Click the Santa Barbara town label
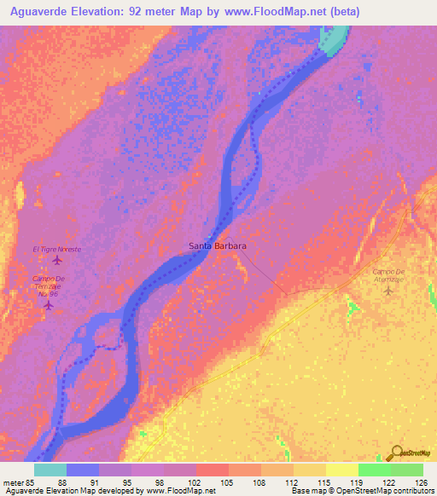point(217,245)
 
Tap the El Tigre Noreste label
point(57,249)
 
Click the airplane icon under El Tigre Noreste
point(57,260)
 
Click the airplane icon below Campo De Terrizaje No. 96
point(50,304)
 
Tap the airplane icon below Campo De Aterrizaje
point(390,291)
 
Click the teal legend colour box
point(50,470)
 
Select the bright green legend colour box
point(374,470)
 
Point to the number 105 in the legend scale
point(227,482)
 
